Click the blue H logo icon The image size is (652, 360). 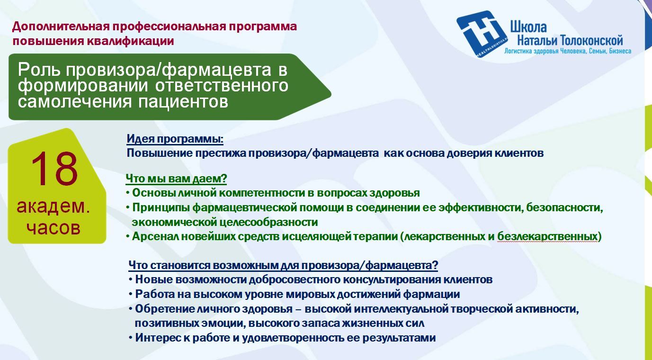[x=482, y=34]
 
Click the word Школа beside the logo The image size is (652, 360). [x=528, y=27]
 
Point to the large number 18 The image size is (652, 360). [x=54, y=169]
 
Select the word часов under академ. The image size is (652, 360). [x=54, y=228]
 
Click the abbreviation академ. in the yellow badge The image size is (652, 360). [x=53, y=207]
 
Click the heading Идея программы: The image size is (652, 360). [x=175, y=139]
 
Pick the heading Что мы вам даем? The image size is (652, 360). [x=176, y=178]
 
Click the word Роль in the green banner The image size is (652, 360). [x=39, y=70]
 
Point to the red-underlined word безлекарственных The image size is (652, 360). [x=547, y=236]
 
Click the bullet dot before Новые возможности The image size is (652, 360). [x=131, y=279]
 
